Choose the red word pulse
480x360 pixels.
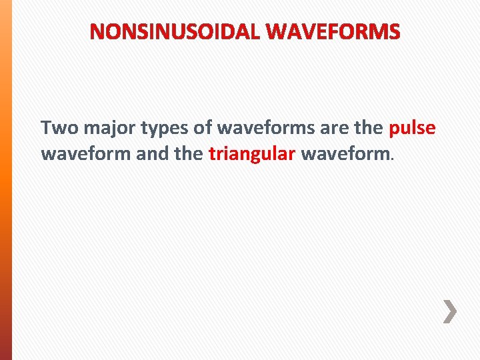(412, 129)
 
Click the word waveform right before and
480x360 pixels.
(86, 154)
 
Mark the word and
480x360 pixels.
(150, 154)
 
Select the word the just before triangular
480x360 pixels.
(187, 154)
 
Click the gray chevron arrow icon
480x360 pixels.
(451, 311)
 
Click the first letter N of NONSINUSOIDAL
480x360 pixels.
(97, 31)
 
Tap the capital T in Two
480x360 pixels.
(46, 128)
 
